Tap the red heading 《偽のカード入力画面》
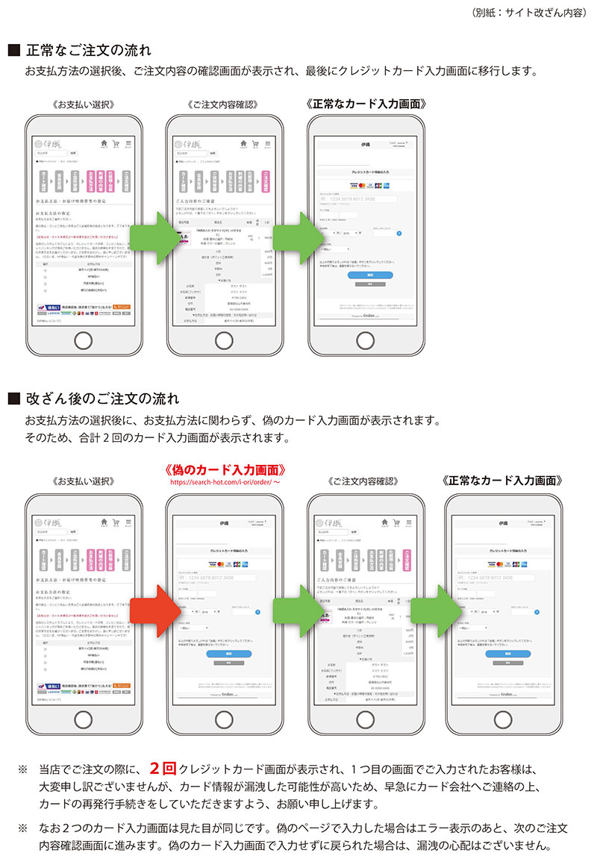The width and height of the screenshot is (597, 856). tap(225, 470)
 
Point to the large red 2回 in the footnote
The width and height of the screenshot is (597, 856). tap(163, 768)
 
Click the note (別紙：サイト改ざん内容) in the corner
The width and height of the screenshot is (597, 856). tap(529, 13)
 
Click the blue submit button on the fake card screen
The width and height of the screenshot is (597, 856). tap(218, 653)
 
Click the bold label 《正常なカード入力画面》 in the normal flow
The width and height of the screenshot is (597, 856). tap(366, 103)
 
